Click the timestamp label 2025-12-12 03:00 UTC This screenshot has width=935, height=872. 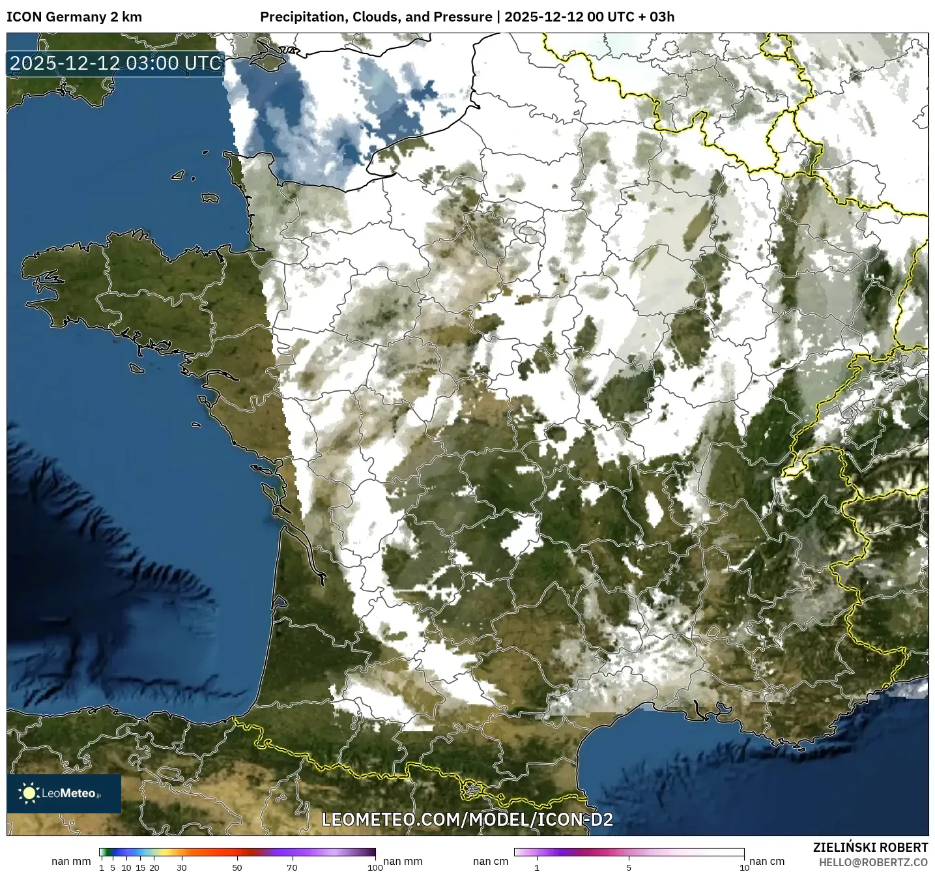[116, 63]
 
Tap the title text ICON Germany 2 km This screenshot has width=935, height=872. [74, 17]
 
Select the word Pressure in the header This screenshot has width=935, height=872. [463, 17]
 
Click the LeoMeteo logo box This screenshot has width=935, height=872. [64, 793]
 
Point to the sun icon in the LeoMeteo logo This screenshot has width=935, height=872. [29, 793]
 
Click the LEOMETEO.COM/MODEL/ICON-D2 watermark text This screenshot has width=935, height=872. [467, 819]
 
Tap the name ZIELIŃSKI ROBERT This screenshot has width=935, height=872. [870, 847]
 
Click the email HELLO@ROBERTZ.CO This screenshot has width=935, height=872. [873, 862]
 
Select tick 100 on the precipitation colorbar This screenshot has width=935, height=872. [375, 867]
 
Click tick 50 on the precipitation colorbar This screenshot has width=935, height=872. [237, 867]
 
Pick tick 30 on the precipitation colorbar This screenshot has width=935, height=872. [182, 867]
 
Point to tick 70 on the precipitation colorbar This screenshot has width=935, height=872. [293, 867]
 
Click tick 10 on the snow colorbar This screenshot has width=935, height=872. [744, 867]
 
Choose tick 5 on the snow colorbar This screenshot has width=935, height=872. [629, 867]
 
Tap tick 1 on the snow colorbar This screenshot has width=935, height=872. [537, 867]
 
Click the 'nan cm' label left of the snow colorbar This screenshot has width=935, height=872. [491, 861]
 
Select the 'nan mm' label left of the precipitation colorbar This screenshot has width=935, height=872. [71, 861]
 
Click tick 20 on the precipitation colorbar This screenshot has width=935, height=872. [154, 867]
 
